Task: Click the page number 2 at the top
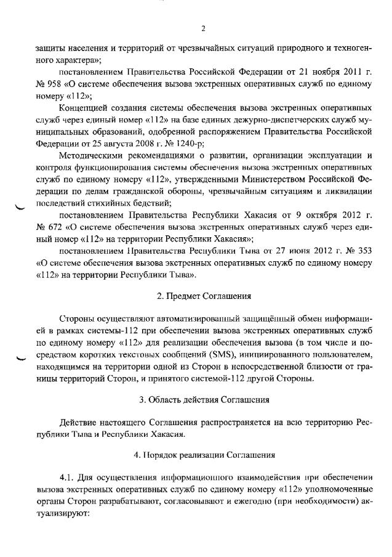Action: (x=202, y=28)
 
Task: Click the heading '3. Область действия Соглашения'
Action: (x=203, y=399)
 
